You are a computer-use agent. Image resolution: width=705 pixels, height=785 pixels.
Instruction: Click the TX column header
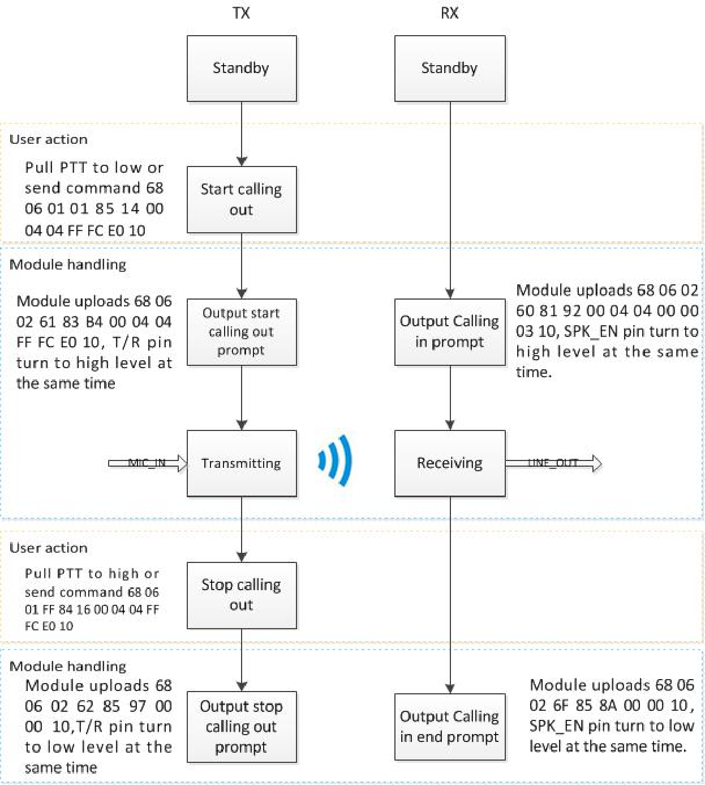241,13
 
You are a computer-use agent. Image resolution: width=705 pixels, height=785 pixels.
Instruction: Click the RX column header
449,13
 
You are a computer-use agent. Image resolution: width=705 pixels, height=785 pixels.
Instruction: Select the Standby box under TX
242,69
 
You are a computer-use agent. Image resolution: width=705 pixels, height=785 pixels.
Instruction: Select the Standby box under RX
450,69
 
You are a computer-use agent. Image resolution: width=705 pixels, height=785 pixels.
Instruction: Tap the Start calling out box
242,199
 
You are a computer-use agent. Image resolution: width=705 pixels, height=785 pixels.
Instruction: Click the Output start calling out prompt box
242,332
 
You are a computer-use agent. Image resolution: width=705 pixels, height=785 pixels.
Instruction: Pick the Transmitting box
242,463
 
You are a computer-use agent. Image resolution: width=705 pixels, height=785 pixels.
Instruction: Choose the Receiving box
450,463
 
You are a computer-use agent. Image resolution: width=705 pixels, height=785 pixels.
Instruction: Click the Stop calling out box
242,595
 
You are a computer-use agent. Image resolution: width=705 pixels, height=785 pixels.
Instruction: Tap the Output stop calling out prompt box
242,727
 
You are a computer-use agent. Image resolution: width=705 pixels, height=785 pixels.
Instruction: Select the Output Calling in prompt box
450,332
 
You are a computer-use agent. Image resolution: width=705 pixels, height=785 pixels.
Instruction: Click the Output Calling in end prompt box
450,727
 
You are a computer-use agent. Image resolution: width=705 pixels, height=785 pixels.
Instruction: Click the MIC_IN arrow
148,463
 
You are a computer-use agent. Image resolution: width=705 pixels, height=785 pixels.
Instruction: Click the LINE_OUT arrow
553,463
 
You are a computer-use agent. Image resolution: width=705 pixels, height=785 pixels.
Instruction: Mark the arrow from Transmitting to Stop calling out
242,529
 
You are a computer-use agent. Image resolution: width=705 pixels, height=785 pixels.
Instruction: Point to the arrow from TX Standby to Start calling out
242,134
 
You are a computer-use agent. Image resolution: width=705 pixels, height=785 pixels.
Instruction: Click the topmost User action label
49,139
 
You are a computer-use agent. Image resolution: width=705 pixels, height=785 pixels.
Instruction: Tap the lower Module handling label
68,666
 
